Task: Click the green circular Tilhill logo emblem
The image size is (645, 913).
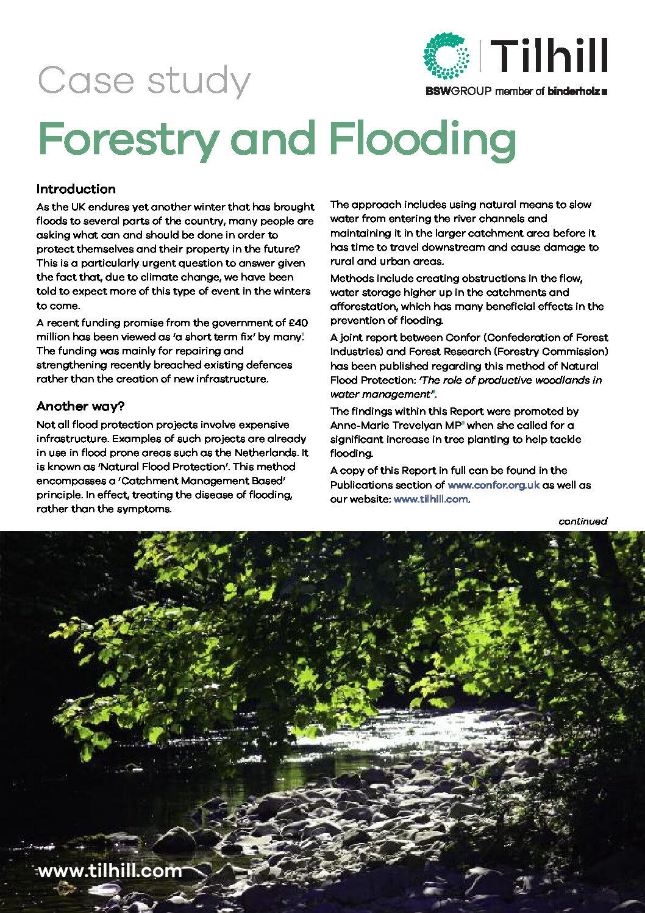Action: tap(446, 56)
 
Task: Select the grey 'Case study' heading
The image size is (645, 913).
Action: tap(144, 81)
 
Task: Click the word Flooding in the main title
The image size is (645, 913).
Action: tap(422, 140)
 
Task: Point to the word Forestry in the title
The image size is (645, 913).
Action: tap(127, 140)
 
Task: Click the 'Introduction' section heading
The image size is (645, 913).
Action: tap(76, 189)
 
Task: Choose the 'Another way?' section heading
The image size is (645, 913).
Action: tap(80, 406)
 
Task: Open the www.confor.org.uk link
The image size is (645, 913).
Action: tap(493, 485)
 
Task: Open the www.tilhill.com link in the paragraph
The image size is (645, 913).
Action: tap(431, 499)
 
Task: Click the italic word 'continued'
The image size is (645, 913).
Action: tap(583, 521)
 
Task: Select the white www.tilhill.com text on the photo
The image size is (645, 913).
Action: tap(110, 870)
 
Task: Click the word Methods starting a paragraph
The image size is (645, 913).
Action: tap(352, 278)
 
